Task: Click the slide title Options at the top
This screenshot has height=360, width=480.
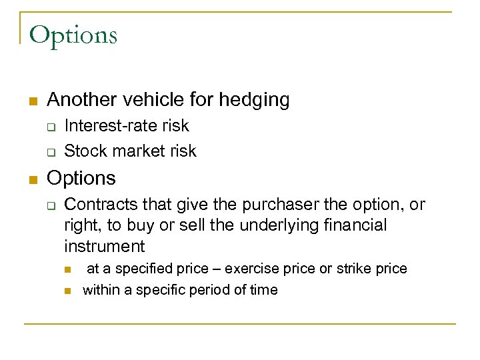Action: [x=73, y=35]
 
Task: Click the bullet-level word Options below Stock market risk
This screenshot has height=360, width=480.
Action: [x=81, y=179]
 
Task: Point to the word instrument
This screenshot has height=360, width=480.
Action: [x=105, y=247]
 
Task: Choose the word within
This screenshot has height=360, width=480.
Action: [x=100, y=290]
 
